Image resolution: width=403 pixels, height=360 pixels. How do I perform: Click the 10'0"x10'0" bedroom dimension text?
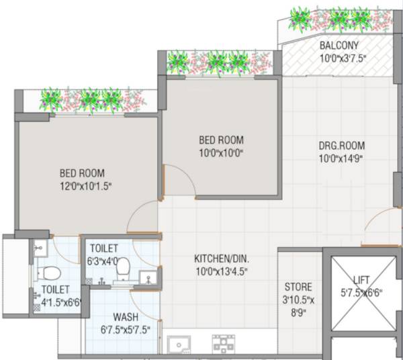pyautogui.click(x=220, y=152)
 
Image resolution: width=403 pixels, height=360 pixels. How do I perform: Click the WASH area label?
pyautogui.click(x=126, y=316)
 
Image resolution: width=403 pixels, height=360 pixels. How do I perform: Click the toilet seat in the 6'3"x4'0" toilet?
pyautogui.click(x=122, y=269)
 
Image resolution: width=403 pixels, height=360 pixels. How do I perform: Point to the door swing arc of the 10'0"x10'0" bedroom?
pyautogui.click(x=176, y=180)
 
